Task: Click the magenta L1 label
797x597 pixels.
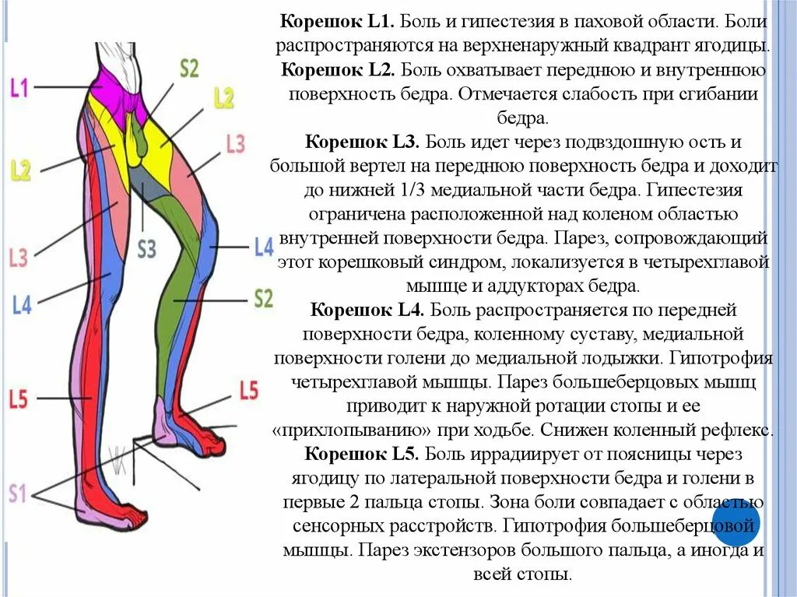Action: tap(19, 86)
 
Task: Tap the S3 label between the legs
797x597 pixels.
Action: tap(146, 249)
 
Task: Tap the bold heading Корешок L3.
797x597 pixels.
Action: tap(362, 142)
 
